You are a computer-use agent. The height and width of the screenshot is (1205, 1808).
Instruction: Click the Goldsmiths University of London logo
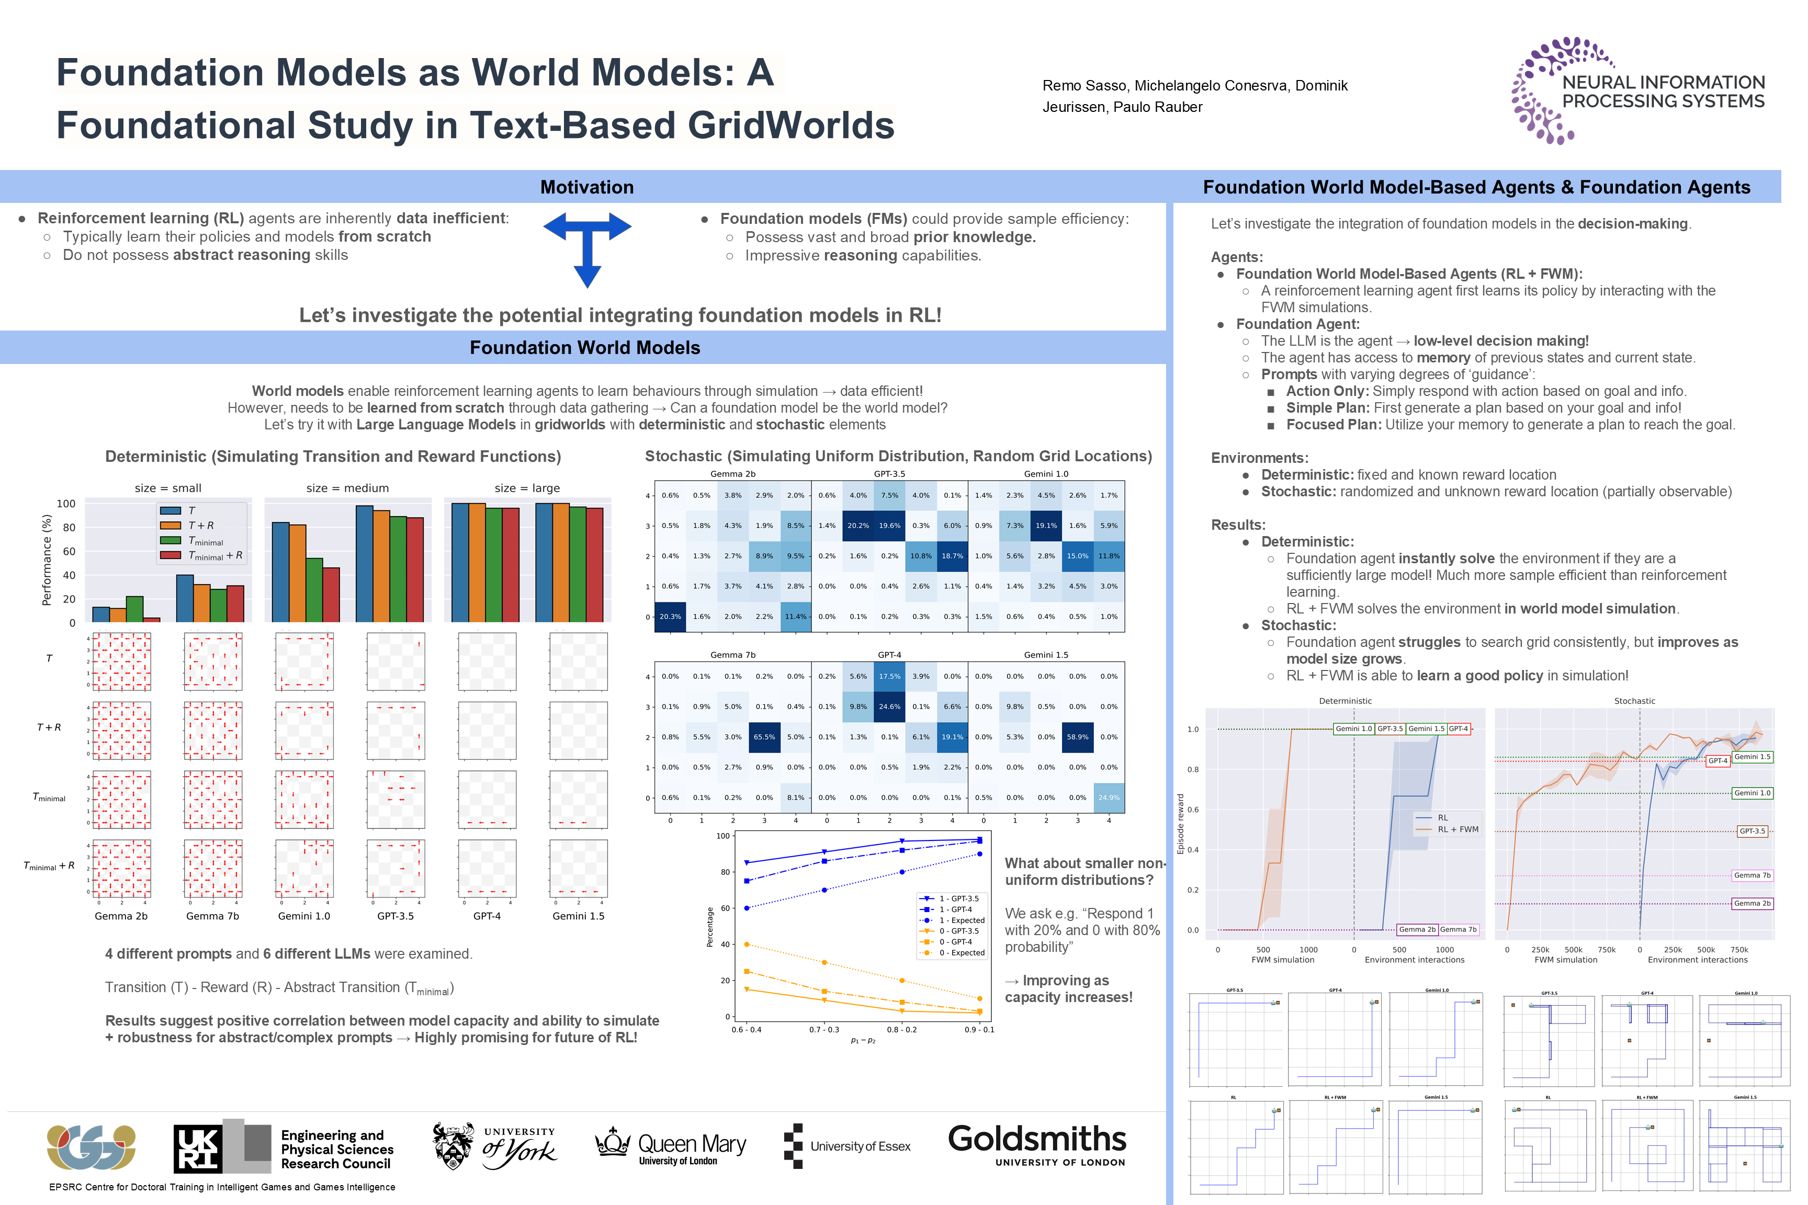(1036, 1144)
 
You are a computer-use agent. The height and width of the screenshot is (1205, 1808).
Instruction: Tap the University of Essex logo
(846, 1146)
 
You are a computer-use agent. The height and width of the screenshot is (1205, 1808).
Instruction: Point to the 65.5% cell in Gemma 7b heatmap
(764, 737)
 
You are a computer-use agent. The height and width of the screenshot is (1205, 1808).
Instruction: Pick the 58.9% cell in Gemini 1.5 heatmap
(1077, 737)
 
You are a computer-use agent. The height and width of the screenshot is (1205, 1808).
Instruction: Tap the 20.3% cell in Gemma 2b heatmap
(670, 616)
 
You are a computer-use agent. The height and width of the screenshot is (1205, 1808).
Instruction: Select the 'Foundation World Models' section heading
(584, 348)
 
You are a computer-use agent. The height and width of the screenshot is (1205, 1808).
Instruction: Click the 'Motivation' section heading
(586, 188)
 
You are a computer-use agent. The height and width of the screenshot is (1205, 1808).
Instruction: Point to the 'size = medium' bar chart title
(347, 488)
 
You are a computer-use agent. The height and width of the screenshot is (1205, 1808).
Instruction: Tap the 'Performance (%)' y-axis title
(47, 560)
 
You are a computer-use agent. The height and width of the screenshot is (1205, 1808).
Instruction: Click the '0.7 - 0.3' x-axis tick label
(823, 1029)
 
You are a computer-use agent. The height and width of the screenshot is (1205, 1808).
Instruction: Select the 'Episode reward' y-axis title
(1181, 824)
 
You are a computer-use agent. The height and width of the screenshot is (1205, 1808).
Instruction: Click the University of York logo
(494, 1146)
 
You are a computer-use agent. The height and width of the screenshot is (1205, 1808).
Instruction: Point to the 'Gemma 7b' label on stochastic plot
(1752, 876)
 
